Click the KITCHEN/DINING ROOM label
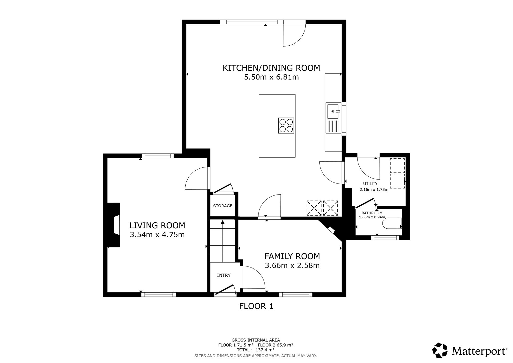point(271,68)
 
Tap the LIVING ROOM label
point(157,226)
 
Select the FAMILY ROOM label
point(292,256)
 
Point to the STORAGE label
point(223,206)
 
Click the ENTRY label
point(223,275)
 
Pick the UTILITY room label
point(370,184)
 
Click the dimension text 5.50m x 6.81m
point(272,77)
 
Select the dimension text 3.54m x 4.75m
point(157,235)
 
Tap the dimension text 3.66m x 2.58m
point(292,265)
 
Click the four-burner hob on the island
point(286,126)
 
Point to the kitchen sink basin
point(333,112)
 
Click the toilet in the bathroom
point(392,223)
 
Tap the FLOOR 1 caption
point(256,306)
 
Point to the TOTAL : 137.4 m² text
point(255,350)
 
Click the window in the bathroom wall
point(385,238)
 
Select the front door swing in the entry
point(225,290)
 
